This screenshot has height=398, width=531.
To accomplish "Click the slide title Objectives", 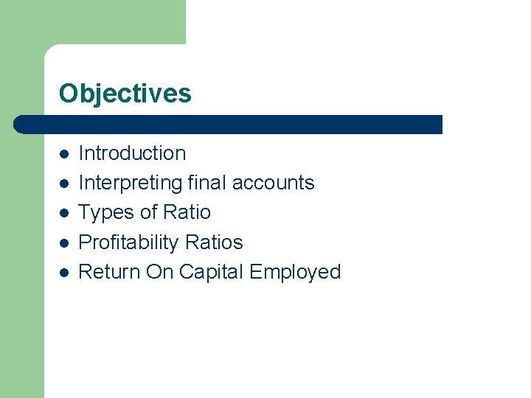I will click(x=125, y=94).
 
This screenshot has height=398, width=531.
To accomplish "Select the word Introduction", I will click(x=132, y=153).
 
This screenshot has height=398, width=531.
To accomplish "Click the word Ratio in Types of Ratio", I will click(x=187, y=212).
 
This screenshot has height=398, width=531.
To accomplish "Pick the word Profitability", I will click(x=129, y=242).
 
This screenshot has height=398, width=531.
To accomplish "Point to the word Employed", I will click(x=295, y=272).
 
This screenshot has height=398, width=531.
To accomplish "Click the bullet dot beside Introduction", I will click(x=64, y=154).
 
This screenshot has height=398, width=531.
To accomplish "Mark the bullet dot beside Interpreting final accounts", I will click(x=64, y=184).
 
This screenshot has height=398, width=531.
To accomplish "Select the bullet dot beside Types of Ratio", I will click(x=64, y=213).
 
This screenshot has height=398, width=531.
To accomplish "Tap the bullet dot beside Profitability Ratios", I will click(x=64, y=243).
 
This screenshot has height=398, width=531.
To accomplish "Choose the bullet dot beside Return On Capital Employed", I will click(x=64, y=273).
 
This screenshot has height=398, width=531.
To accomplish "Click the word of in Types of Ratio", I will click(x=148, y=212).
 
